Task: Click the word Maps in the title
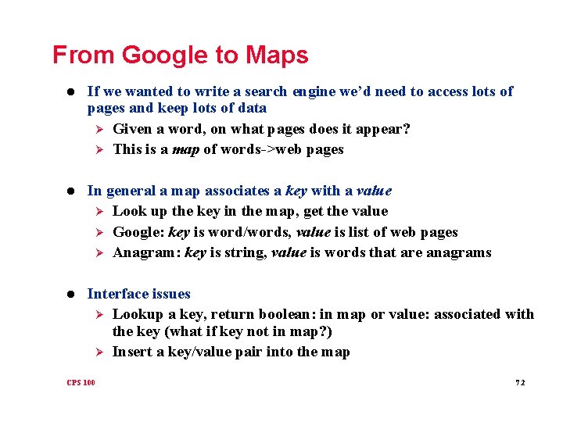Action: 277,55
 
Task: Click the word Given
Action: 132,129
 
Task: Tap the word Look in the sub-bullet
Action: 127,211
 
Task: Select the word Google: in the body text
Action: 137,232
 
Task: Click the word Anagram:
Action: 143,252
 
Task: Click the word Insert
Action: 131,352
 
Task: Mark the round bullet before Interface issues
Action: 71,295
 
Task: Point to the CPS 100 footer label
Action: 81,382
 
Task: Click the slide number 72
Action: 520,382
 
